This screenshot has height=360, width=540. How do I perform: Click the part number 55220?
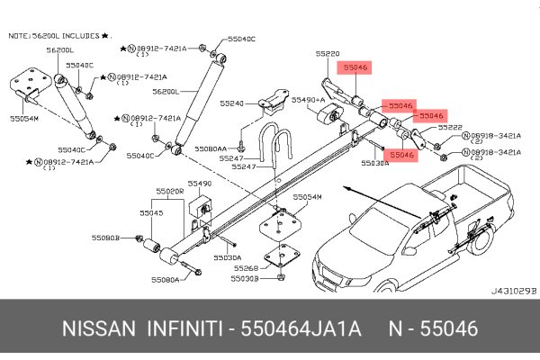328,54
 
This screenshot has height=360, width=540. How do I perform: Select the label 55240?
233,103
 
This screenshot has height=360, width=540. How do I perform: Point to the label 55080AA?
214,148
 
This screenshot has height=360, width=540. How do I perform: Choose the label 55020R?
169,191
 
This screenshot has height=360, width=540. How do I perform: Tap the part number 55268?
247,267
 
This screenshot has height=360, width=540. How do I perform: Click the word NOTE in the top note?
20,35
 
